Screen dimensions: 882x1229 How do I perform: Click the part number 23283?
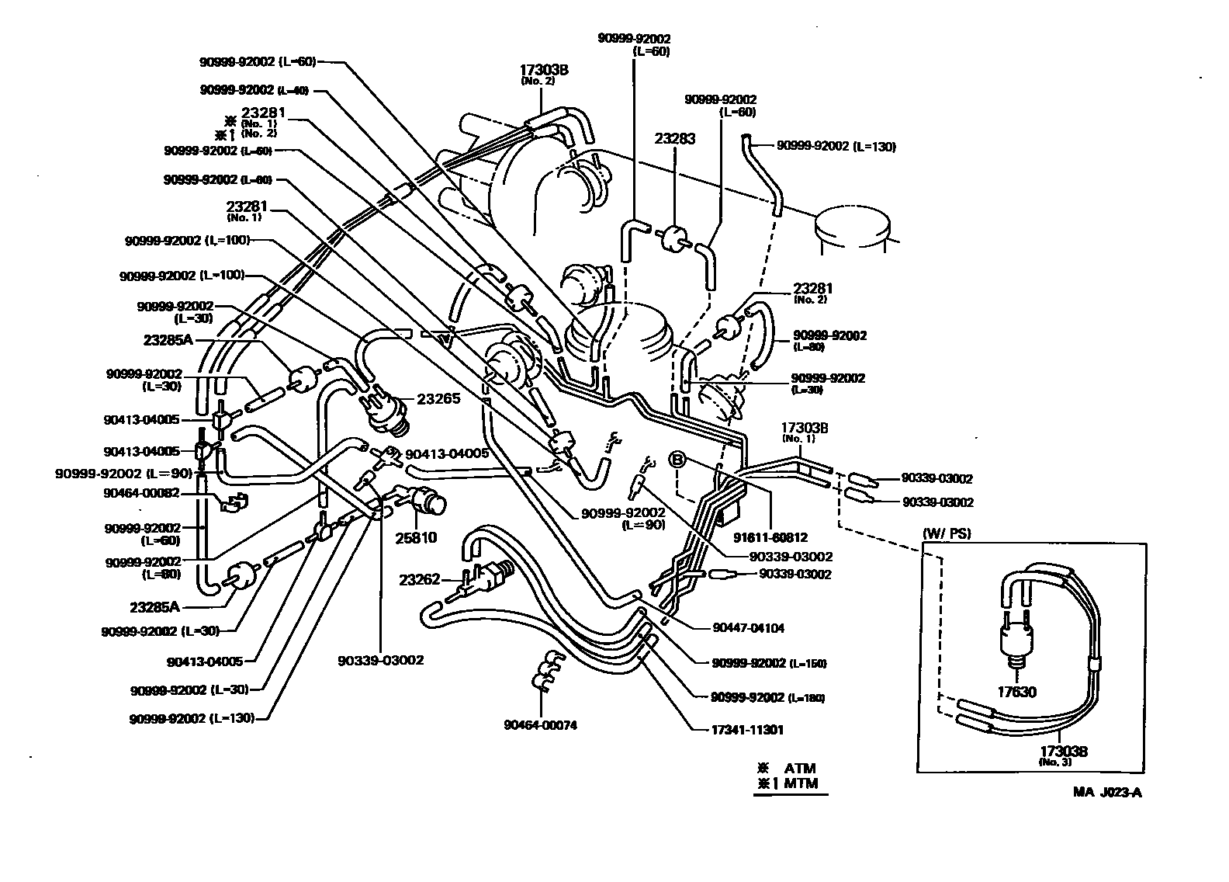[674, 139]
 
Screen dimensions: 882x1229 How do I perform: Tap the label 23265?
[438, 398]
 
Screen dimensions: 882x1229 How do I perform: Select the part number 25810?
[417, 536]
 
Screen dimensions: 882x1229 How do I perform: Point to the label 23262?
[420, 579]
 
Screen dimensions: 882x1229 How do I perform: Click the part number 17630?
[1016, 692]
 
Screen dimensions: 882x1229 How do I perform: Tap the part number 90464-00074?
[540, 725]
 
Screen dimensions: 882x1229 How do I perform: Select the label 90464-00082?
[142, 491]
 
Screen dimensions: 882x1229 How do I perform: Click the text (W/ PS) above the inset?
[947, 533]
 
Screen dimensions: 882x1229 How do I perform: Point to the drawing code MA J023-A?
[1107, 793]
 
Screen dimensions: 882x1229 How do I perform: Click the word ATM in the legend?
[800, 769]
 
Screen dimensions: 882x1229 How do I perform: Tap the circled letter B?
[677, 460]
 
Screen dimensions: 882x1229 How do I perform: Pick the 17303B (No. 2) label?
[544, 72]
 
